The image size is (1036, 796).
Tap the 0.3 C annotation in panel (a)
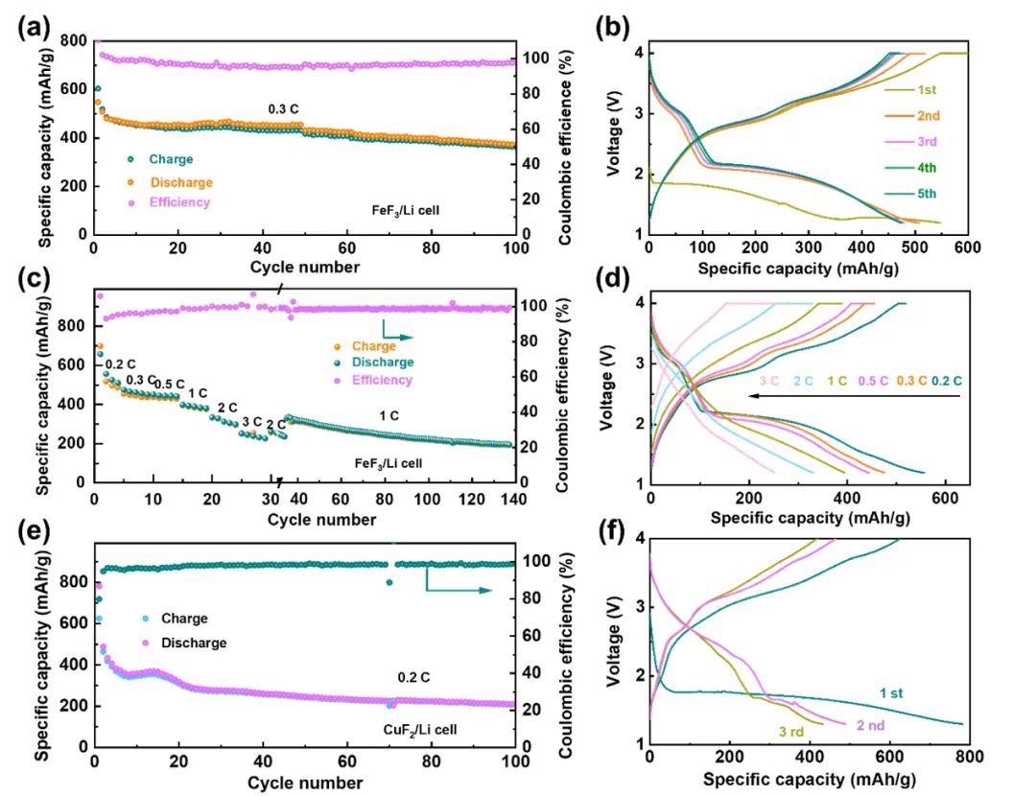click(x=285, y=108)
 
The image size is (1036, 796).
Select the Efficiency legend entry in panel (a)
click(x=179, y=202)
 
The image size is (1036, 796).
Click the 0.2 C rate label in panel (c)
click(x=120, y=363)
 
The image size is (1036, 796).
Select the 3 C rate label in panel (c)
click(x=251, y=421)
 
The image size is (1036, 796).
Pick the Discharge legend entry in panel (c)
click(x=382, y=363)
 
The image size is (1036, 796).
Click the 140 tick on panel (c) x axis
click(x=515, y=500)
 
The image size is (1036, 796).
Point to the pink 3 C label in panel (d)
click(x=768, y=381)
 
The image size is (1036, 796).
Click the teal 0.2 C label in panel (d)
click(x=946, y=381)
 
